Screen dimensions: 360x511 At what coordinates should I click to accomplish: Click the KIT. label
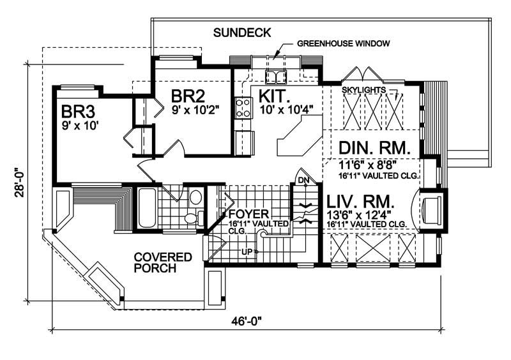click(275, 97)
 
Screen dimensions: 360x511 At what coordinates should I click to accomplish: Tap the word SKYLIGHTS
click(364, 91)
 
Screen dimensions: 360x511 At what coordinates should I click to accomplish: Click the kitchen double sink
click(277, 77)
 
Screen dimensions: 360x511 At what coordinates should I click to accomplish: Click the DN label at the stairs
click(303, 180)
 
